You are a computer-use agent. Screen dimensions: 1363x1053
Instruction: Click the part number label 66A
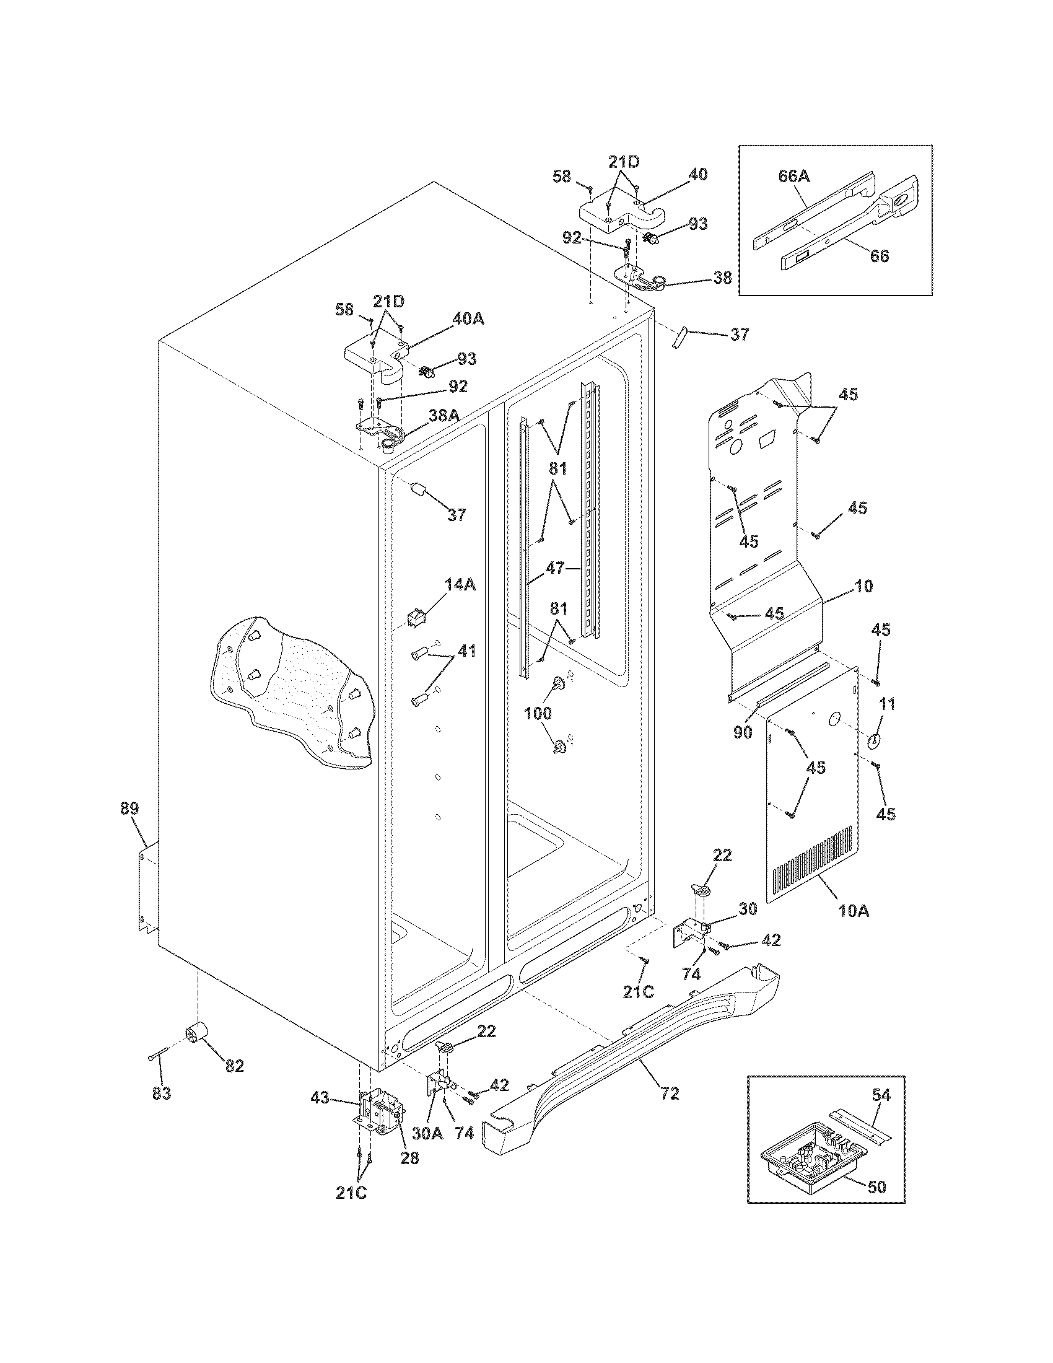[793, 176]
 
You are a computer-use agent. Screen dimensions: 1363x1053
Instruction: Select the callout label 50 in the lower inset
[876, 1204]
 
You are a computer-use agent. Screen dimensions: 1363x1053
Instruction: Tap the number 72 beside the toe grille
[669, 1110]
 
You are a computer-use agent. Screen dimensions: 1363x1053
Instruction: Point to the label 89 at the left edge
[129, 808]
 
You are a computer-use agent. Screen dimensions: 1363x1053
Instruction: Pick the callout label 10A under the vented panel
[854, 911]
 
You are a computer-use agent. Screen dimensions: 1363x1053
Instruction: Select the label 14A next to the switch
[460, 584]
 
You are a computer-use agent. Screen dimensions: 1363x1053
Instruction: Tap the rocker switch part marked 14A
[416, 618]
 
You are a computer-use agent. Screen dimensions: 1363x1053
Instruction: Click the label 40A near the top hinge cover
[468, 319]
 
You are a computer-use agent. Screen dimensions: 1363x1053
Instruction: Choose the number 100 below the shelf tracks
[538, 712]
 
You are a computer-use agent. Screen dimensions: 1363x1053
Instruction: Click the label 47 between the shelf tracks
[555, 568]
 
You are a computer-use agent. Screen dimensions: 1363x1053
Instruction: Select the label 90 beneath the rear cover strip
[742, 732]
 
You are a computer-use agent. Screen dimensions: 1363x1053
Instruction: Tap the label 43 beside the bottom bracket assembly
[321, 1097]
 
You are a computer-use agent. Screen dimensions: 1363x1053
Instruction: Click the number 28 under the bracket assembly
[409, 1159]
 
